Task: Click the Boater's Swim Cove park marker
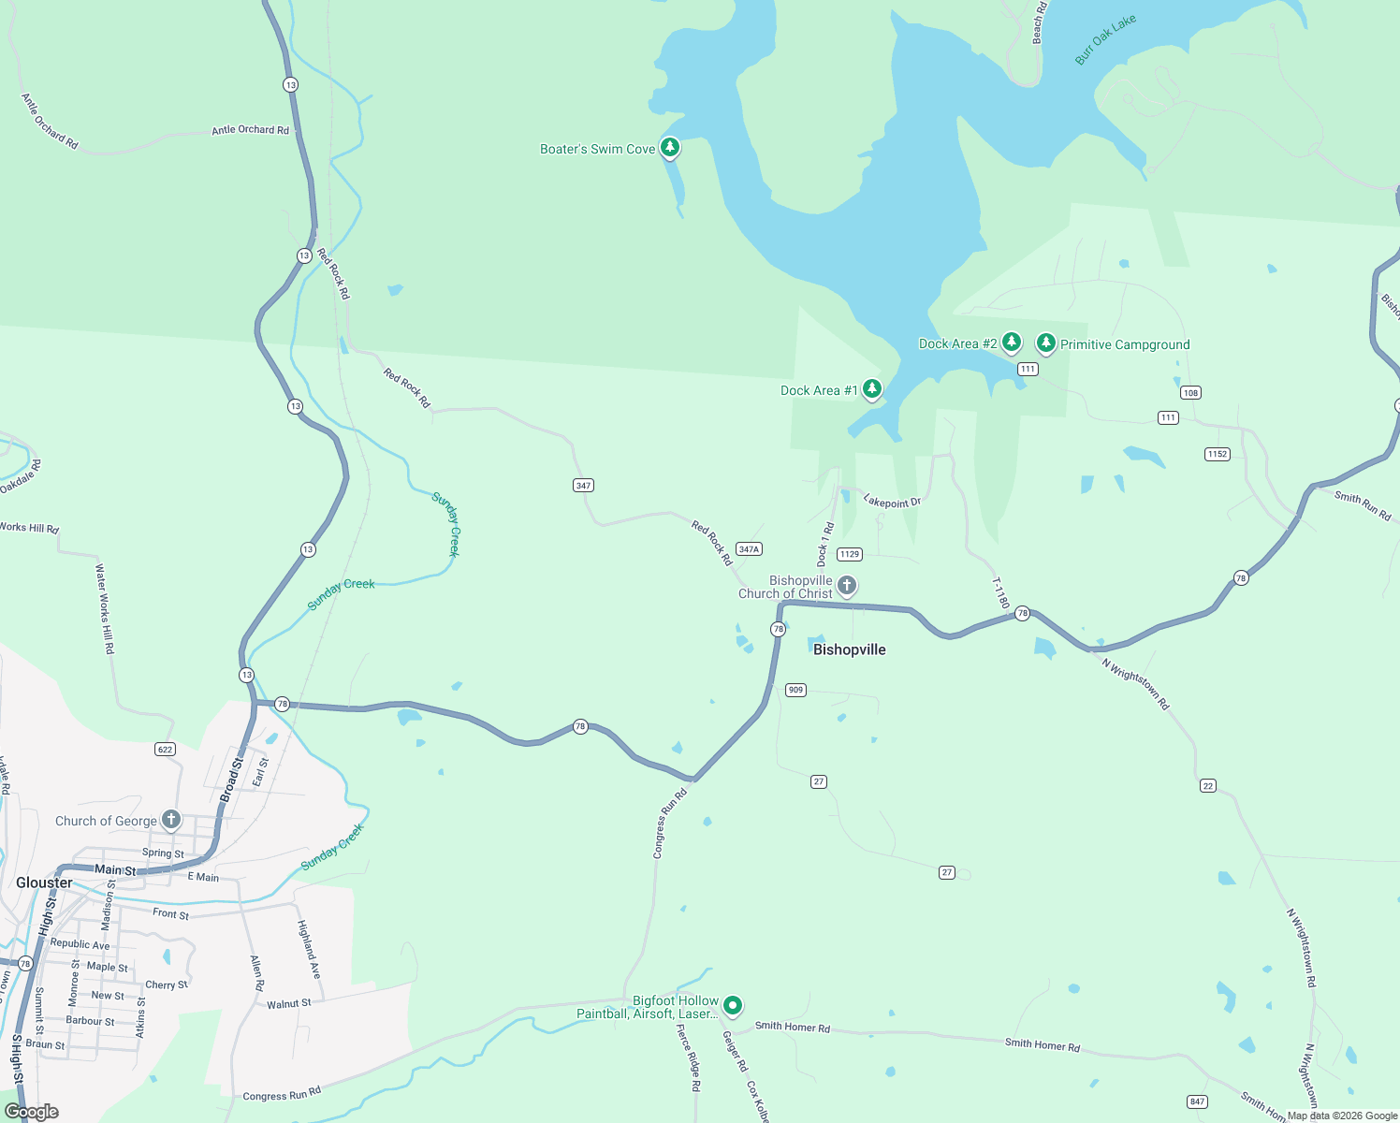pos(669,147)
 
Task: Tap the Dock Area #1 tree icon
pos(871,388)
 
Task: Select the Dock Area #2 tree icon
pos(1011,342)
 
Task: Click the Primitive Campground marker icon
pos(1045,343)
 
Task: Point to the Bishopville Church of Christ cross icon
pos(847,586)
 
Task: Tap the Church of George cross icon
pos(170,820)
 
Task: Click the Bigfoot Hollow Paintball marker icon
pos(733,1005)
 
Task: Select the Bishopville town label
pos(849,649)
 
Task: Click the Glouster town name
pos(44,882)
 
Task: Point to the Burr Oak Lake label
pos(1105,40)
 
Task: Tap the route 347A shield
pos(749,549)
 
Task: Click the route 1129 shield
pos(849,554)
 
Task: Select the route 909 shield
pos(795,690)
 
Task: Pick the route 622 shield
pos(165,749)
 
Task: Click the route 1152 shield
pos(1217,454)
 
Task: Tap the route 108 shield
pos(1190,392)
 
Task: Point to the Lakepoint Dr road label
pos(892,502)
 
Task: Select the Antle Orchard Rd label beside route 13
pos(250,130)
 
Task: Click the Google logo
pos(32,1112)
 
